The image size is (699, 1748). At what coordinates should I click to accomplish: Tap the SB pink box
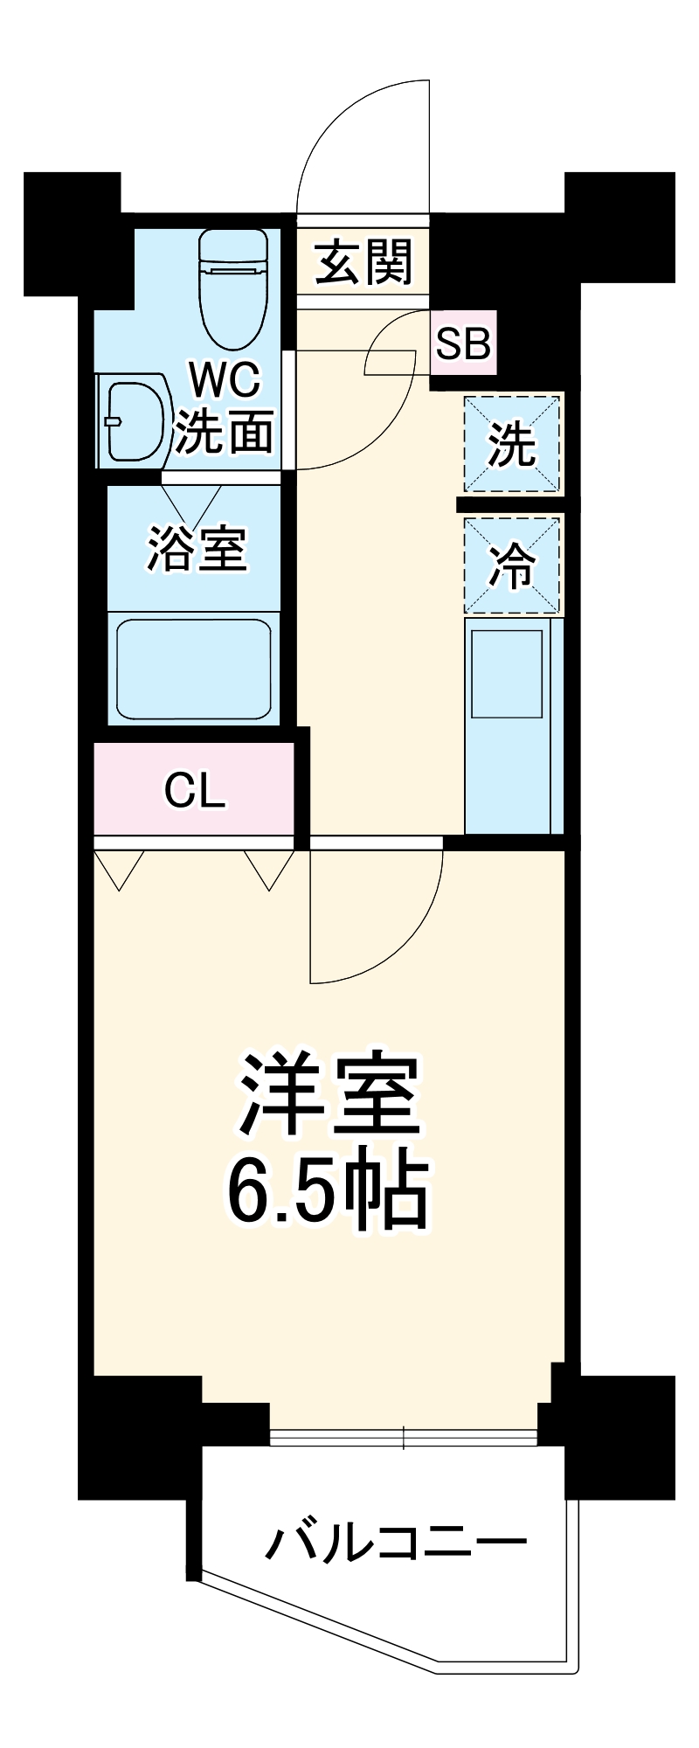[463, 343]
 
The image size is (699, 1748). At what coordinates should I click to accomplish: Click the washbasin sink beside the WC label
[135, 420]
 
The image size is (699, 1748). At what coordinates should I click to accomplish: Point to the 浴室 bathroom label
[197, 549]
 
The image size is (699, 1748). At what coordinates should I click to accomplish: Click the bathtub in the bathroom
[194, 668]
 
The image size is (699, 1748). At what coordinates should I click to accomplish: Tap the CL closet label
[194, 790]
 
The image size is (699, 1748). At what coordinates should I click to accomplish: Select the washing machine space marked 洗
[512, 444]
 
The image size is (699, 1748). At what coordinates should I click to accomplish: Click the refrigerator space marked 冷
[512, 566]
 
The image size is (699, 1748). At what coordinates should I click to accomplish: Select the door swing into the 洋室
[384, 926]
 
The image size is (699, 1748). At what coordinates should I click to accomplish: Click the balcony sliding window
[404, 1437]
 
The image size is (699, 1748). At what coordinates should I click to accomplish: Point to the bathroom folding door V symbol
[192, 502]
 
